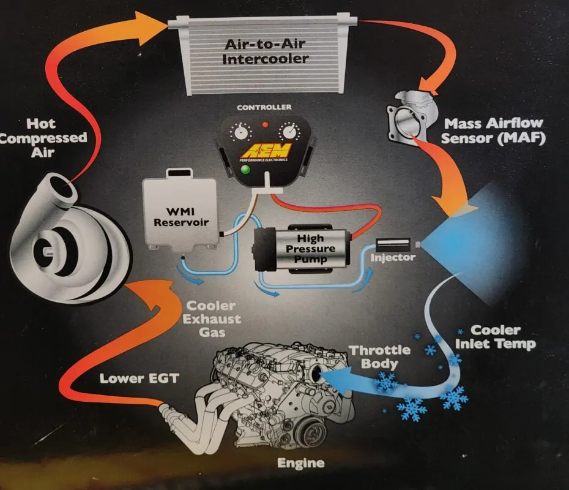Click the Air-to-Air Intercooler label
pos(266,51)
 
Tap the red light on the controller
pos(266,124)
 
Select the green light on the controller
pos(245,169)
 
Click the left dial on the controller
pos(240,132)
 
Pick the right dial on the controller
pos(289,132)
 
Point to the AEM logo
pos(267,151)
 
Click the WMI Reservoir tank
pos(180,209)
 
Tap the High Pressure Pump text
pos(310,249)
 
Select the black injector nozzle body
pos(393,244)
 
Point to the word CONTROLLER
pos(264,107)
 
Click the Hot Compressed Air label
pos(42,138)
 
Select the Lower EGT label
pos(139,379)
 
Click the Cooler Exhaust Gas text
pos(212,319)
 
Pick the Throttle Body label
pos(379,356)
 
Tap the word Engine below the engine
pos(301,463)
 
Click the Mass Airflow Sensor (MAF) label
pos(494,130)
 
